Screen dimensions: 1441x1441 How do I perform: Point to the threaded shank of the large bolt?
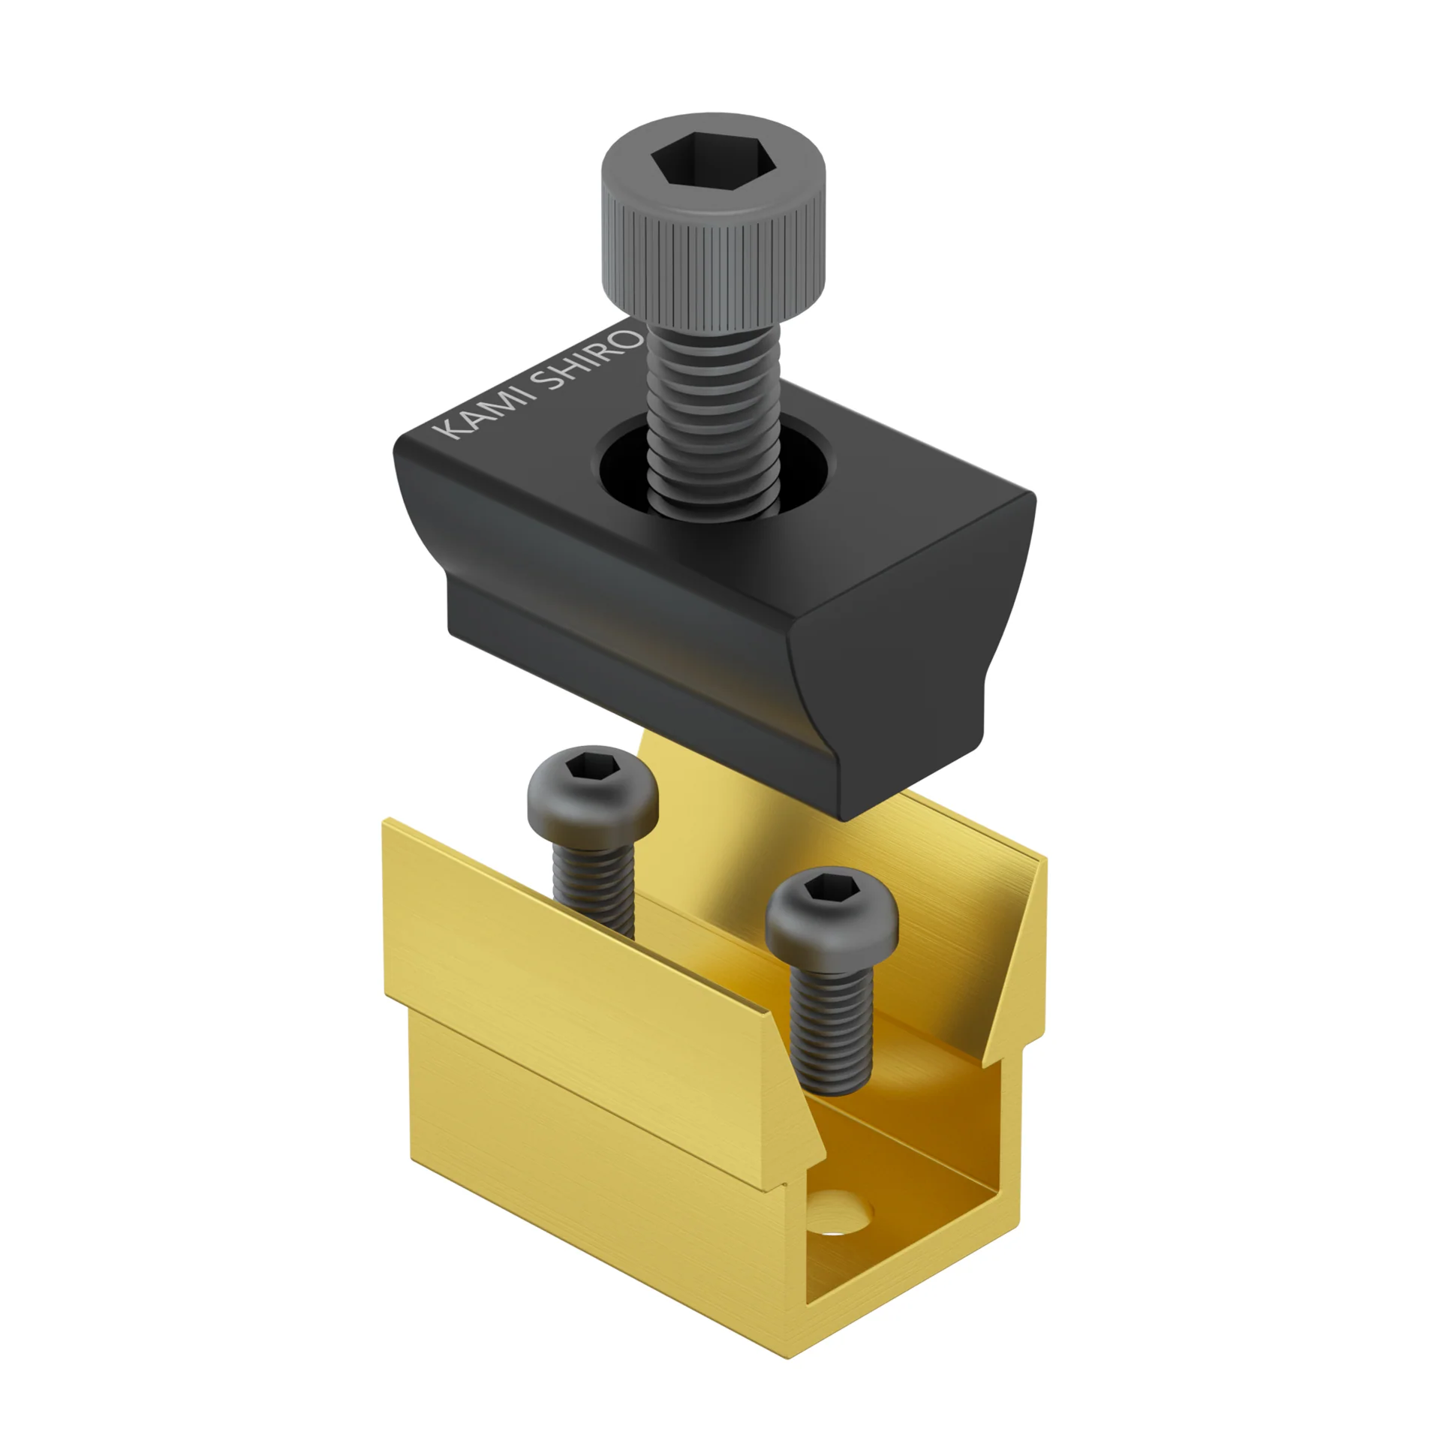point(713,420)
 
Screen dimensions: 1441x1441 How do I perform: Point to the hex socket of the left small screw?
point(592,768)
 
